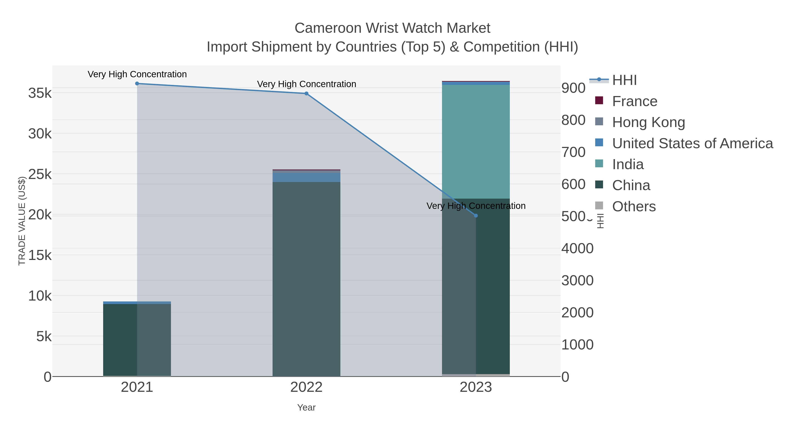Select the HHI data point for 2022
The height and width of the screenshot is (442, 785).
306,94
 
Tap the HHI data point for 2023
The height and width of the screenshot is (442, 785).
476,216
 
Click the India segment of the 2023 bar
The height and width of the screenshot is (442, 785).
476,142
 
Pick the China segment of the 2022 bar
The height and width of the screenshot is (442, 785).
306,279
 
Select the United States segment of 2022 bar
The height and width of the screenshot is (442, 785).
306,177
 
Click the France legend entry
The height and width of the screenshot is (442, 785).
635,101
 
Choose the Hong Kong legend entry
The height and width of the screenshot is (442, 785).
648,122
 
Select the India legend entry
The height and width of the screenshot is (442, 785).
628,164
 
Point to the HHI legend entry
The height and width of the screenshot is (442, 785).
624,80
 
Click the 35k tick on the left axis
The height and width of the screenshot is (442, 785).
40,93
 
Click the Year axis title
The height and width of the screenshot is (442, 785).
306,408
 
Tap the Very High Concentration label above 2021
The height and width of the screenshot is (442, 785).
137,74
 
